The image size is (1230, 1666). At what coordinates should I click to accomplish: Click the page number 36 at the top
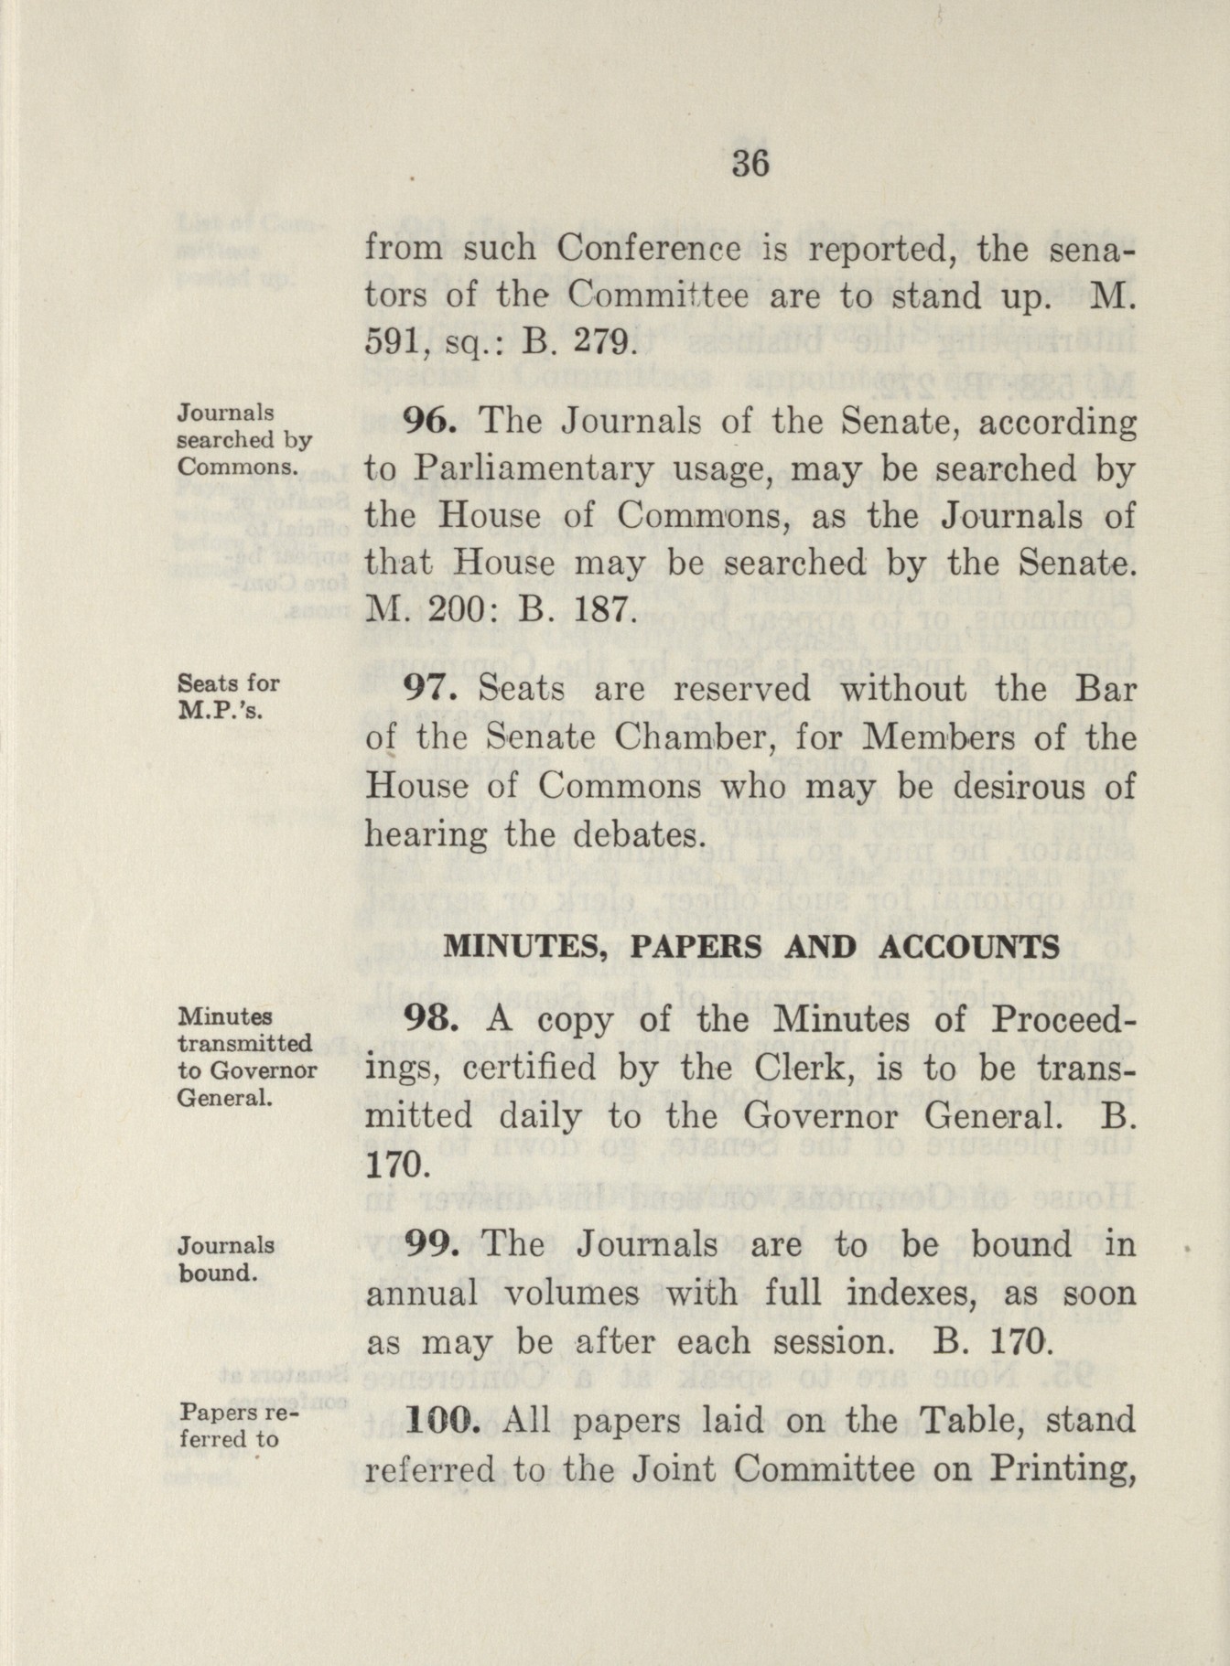coord(750,165)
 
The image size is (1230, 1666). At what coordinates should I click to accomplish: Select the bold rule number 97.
coord(430,688)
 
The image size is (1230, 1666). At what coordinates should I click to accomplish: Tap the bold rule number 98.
coord(430,1018)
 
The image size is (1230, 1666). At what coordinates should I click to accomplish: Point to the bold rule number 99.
coord(431,1243)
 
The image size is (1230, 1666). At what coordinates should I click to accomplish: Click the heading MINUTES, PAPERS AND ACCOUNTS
coord(750,946)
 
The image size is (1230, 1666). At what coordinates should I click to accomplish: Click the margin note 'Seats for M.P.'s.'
coord(228,696)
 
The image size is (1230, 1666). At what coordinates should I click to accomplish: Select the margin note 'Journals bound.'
coord(226,1259)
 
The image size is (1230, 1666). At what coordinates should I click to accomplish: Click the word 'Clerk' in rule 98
coord(802,1068)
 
